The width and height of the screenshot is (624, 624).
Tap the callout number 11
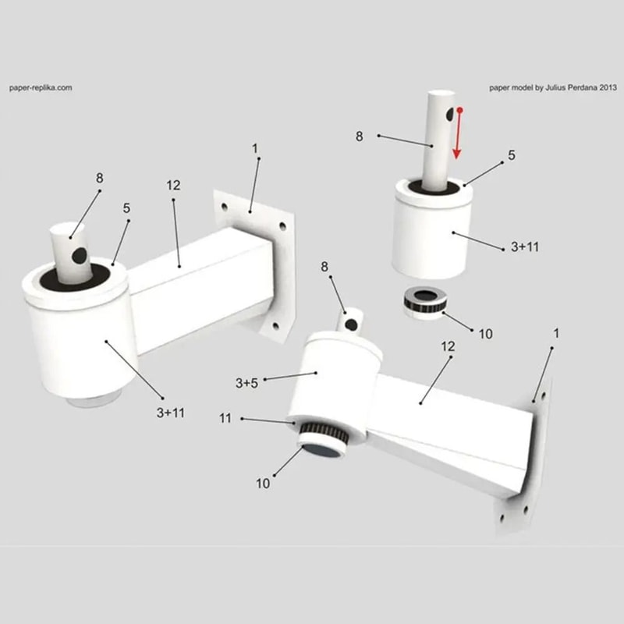click(x=225, y=419)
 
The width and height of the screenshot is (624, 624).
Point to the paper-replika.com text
click(x=41, y=88)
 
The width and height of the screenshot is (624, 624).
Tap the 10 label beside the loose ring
click(x=485, y=334)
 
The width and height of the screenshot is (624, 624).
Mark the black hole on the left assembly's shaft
click(x=79, y=255)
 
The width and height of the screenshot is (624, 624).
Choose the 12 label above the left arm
click(x=173, y=186)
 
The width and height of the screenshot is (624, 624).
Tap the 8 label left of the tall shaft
click(x=360, y=136)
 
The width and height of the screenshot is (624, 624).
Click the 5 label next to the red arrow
click(x=512, y=155)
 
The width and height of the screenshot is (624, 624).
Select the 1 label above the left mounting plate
click(x=254, y=148)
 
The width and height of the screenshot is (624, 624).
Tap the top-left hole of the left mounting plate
click(x=225, y=208)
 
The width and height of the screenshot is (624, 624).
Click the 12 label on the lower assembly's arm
click(x=448, y=346)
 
